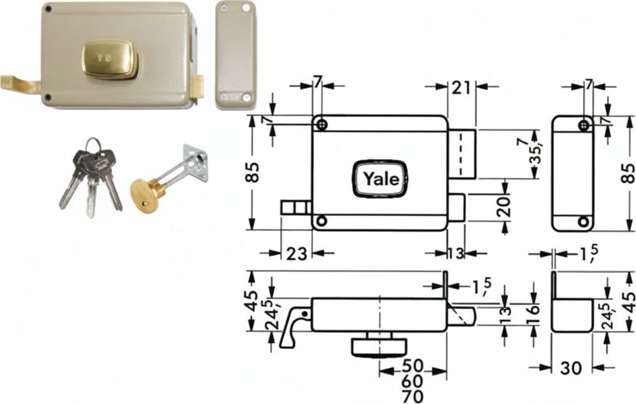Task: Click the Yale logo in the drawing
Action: (x=381, y=179)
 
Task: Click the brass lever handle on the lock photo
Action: (x=20, y=84)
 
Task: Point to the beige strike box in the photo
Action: (x=236, y=55)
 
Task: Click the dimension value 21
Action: (x=461, y=87)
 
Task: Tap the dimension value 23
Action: (x=297, y=254)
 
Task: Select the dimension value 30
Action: (x=570, y=368)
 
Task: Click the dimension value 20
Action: (x=503, y=207)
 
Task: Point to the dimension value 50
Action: (x=413, y=366)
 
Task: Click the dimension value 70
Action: (x=413, y=396)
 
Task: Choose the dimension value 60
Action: (x=413, y=381)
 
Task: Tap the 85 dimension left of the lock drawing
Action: (x=252, y=172)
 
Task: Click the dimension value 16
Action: (x=534, y=310)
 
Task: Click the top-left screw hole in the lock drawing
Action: (x=322, y=124)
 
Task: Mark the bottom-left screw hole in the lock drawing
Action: (x=322, y=221)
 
